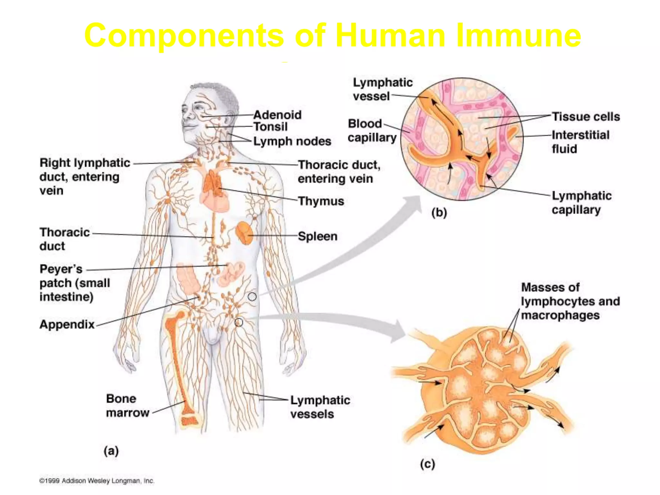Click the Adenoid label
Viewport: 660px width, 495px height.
(277, 115)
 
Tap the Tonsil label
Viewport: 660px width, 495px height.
(270, 127)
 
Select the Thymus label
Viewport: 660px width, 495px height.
(321, 201)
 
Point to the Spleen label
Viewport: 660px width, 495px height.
(317, 236)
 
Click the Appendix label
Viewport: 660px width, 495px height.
(67, 324)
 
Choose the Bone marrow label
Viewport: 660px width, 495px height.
(127, 406)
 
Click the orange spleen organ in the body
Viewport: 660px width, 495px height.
(244, 233)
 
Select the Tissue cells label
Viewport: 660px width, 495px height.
(586, 117)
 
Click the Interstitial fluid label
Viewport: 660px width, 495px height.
(580, 142)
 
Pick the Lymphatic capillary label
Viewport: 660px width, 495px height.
(581, 202)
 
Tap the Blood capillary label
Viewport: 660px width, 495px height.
(372, 131)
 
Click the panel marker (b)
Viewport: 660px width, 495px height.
(439, 213)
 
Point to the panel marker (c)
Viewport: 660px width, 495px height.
(427, 464)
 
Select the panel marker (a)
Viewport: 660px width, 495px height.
(111, 451)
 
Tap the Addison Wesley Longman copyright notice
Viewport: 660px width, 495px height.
(97, 481)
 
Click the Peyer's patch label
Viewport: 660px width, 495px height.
(74, 283)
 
